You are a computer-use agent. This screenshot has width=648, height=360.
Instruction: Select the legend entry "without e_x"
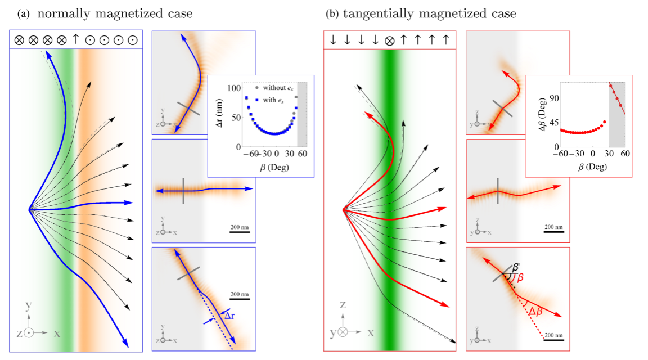point(276,88)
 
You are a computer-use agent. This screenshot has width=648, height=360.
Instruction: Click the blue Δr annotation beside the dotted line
point(227,316)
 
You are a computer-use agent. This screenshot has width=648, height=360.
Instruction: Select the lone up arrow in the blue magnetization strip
point(76,40)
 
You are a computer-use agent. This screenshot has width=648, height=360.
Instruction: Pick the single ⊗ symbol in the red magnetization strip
point(389,40)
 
